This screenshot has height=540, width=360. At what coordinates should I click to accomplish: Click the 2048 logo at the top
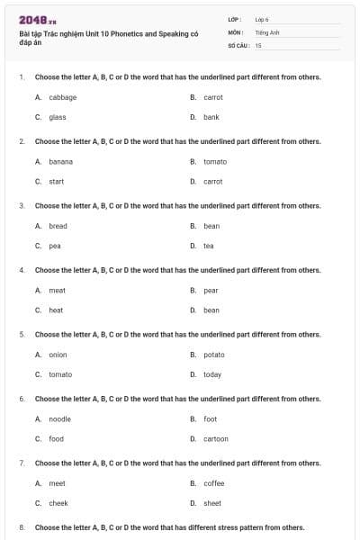(38, 19)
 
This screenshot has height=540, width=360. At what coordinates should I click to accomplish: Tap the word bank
(211, 117)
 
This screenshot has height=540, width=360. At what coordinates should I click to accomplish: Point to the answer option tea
(208, 246)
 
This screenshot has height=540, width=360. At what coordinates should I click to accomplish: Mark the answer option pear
(211, 291)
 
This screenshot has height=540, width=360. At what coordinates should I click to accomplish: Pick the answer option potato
(213, 355)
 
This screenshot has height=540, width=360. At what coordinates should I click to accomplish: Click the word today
(211, 374)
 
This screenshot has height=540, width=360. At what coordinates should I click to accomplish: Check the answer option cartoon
(215, 439)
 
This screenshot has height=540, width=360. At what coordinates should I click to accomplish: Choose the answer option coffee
(213, 483)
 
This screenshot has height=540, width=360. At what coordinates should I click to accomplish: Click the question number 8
(21, 527)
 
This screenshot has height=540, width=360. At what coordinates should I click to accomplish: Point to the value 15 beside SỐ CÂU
(258, 45)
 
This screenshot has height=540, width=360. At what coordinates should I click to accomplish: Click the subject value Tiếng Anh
(265, 31)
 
